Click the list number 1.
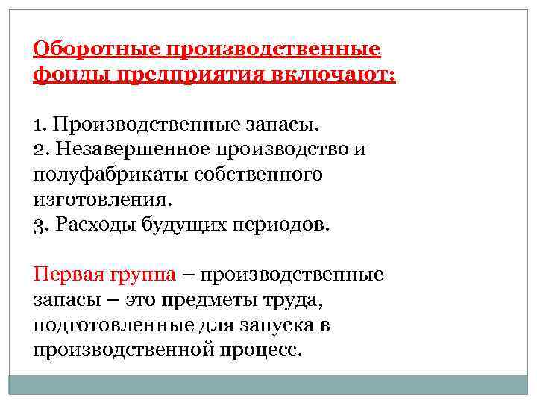[x=39, y=122]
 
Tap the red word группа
[x=142, y=274]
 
